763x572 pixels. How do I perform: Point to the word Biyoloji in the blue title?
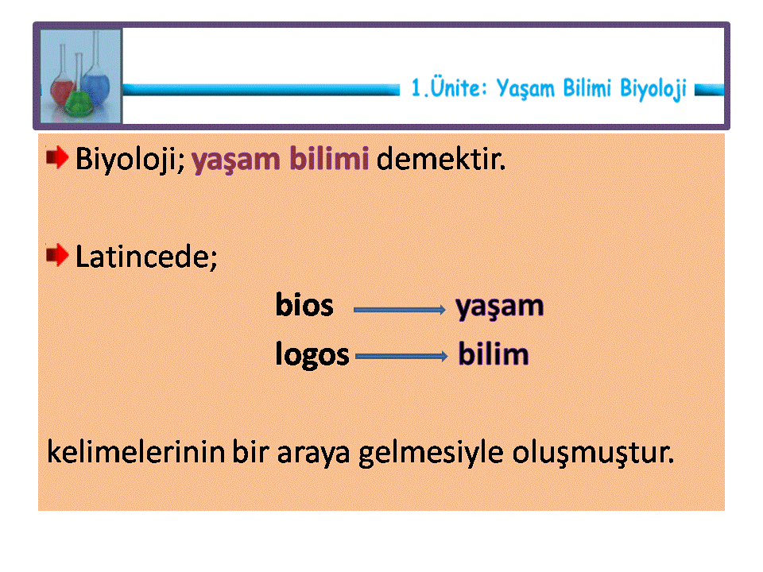click(653, 89)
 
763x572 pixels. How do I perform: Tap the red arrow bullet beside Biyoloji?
click(57, 157)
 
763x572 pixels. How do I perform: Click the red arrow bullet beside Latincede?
click(57, 255)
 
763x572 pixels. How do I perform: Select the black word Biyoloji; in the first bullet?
click(130, 160)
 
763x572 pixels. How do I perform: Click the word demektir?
click(441, 159)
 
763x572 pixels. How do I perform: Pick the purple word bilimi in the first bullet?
click(329, 159)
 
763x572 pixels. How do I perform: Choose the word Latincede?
click(146, 257)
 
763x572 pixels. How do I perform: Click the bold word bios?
click(304, 305)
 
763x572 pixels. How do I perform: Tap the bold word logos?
click(312, 354)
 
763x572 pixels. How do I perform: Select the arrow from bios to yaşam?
click(399, 309)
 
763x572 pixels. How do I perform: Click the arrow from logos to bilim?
click(401, 357)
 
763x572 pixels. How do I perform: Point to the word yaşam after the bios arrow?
click(500, 307)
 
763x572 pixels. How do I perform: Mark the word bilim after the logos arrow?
click(494, 354)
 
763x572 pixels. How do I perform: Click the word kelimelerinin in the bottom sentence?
click(136, 452)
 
